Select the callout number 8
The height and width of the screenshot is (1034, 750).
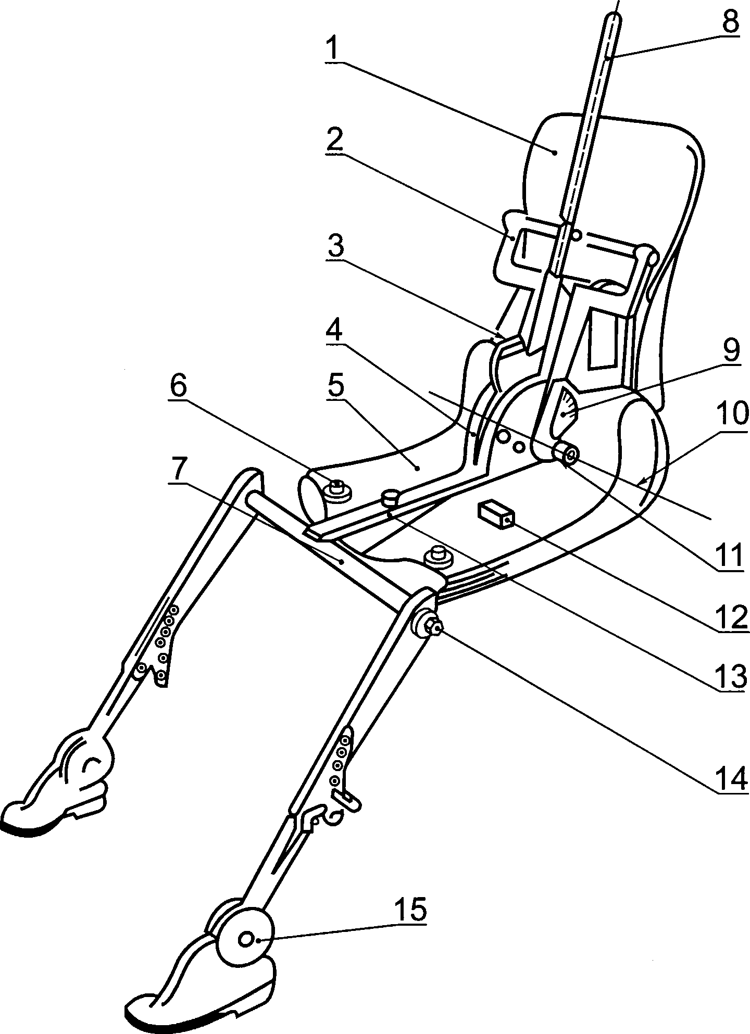[x=730, y=22]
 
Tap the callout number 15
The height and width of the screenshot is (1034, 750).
[x=410, y=909]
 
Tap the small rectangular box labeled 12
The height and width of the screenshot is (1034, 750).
[x=496, y=513]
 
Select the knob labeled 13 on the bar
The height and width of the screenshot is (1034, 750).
[x=391, y=499]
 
